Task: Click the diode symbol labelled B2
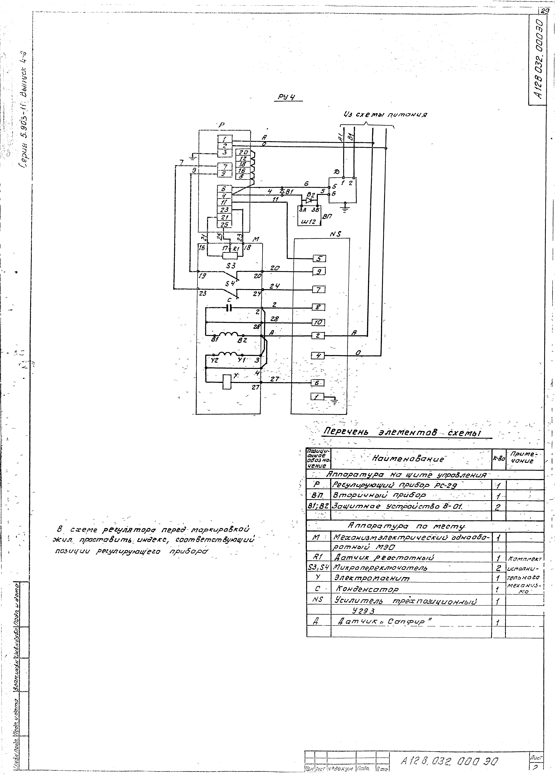tap(310, 200)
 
